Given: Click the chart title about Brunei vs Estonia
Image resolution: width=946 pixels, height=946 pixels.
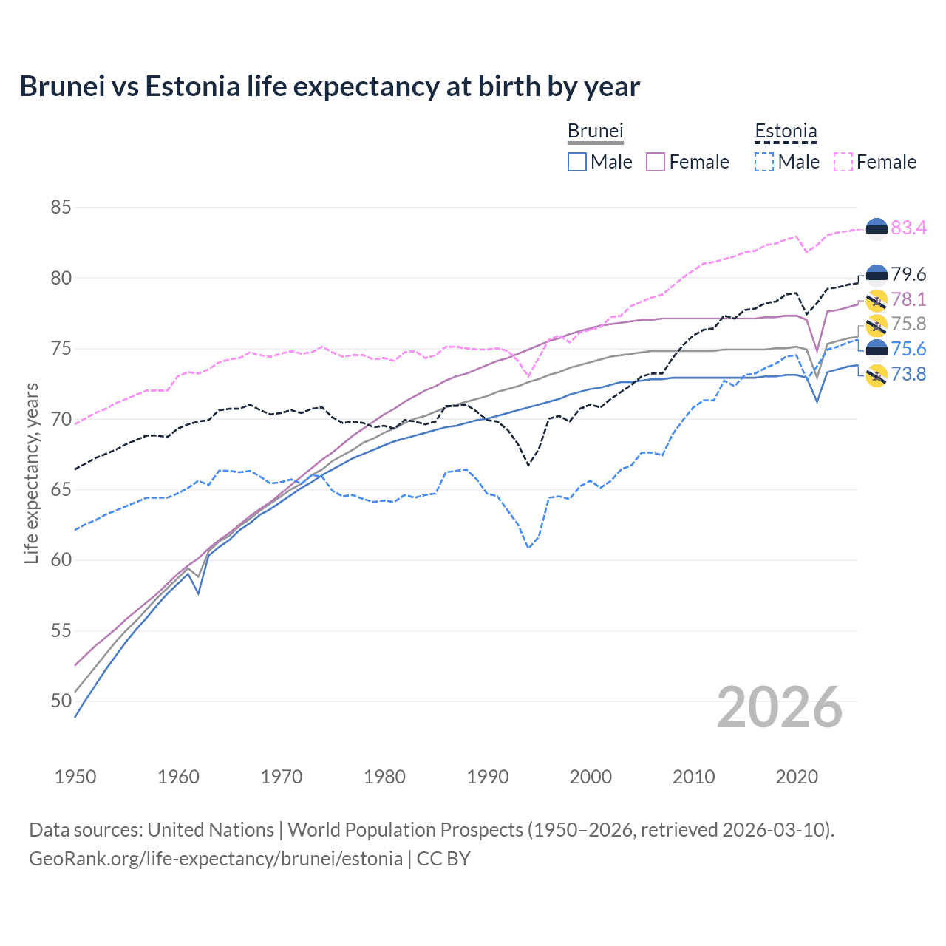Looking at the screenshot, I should point(330,86).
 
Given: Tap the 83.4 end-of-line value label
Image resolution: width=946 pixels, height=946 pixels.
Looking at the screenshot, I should point(908,228).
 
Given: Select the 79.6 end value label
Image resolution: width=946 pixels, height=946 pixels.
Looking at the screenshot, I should point(908,274).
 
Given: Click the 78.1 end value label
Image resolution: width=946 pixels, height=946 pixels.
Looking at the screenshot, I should point(908,299).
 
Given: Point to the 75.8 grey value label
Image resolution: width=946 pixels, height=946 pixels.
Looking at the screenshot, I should point(908,324).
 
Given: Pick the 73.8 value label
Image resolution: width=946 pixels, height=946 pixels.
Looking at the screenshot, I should point(908,374).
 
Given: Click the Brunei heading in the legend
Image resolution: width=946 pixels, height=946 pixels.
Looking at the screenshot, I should point(595,131).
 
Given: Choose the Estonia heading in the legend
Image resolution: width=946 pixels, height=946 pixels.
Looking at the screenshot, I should point(786,131).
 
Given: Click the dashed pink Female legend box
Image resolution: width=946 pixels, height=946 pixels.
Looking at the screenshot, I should point(843,162).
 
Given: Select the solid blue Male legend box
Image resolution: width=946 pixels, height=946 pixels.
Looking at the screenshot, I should point(577,162).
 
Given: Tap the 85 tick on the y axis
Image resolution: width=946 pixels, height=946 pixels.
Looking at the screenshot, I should point(61,208).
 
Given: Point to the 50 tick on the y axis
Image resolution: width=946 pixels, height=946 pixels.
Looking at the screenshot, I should point(61,701).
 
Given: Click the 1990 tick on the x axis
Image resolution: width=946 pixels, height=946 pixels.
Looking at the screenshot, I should point(488,777).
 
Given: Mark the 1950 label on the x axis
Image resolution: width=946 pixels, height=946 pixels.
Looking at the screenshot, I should point(75,777).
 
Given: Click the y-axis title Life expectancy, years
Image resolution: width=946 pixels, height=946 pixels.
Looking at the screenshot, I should point(31,473).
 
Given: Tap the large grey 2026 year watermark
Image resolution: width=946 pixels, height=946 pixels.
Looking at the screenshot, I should point(779,707).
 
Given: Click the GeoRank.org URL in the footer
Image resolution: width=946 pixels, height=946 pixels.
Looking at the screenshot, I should point(215,858).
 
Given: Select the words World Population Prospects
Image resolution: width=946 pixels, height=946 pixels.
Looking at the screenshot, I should point(405,829).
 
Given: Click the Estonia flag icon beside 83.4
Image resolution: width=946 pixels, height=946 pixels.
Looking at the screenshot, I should point(877,229).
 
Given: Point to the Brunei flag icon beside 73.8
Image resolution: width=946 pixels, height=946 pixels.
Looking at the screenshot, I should point(877,375).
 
